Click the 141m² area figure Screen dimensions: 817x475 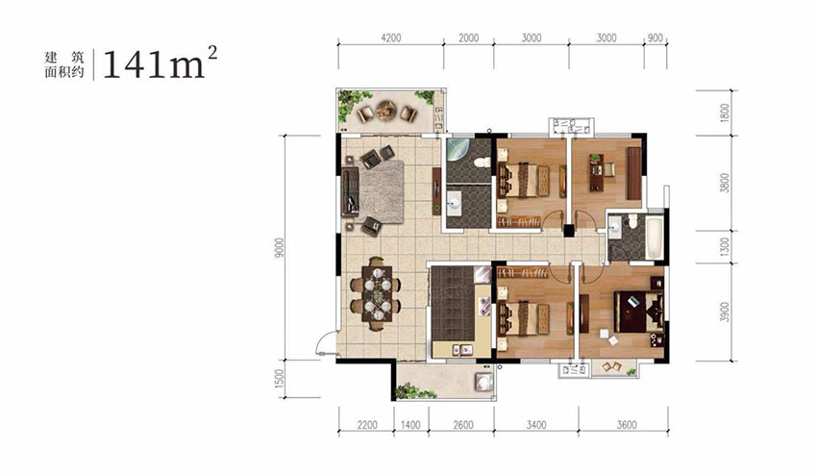(160, 62)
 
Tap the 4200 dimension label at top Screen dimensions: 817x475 (391, 38)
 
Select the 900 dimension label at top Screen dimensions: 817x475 (656, 38)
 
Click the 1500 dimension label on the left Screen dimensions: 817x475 (281, 379)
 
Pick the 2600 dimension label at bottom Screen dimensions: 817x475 (462, 425)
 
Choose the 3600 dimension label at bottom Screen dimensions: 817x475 (627, 425)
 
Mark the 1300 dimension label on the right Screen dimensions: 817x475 (725, 246)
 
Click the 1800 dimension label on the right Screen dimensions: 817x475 (725, 113)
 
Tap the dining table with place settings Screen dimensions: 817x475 (377, 293)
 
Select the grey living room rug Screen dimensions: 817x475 (382, 191)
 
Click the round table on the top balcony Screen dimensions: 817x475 (386, 110)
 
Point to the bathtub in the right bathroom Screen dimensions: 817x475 (654, 237)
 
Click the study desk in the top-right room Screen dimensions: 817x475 (596, 172)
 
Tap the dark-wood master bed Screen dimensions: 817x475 (639, 312)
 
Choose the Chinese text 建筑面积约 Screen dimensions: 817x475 (64, 65)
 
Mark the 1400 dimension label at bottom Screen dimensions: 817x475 (410, 425)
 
